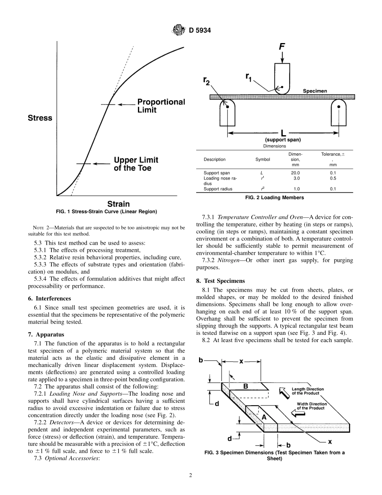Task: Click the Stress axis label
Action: (40, 118)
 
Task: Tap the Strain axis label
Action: (118, 204)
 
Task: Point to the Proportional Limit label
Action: (161, 106)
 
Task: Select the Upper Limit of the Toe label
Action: (136, 164)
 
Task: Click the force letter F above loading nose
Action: (282, 47)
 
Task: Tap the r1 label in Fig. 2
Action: (249, 76)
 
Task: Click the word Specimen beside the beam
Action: (315, 91)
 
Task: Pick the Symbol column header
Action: (263, 159)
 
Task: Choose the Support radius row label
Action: (218, 189)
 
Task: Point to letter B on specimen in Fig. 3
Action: (246, 386)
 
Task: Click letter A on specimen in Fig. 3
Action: (264, 417)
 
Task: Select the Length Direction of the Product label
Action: (308, 391)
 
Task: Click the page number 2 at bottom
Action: (191, 475)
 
